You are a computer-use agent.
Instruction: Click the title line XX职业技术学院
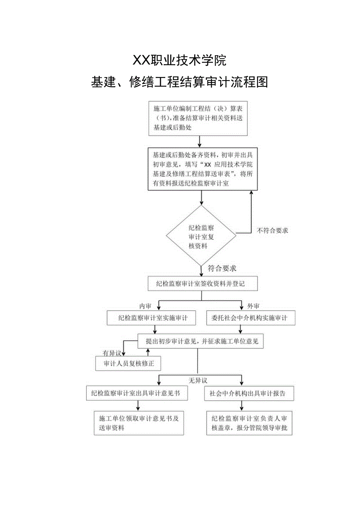coord(180,61)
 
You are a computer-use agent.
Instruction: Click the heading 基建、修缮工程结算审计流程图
coord(180,82)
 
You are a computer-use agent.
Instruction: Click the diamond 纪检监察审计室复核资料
coord(201,236)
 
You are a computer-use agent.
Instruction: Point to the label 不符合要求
coord(272,231)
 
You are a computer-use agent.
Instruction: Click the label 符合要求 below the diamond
coord(222,269)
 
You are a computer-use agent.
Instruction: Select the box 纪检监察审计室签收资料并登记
coord(203,284)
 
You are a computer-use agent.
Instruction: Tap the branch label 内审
coord(145,306)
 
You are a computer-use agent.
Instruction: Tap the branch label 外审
coord(253,306)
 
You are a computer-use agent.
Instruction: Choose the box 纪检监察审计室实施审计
coord(153,318)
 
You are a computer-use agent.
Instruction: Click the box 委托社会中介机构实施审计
coord(250,318)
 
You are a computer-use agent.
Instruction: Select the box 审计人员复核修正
coord(129,364)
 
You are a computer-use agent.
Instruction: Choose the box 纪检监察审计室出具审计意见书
coord(137,393)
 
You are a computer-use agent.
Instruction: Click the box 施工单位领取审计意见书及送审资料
coord(139,423)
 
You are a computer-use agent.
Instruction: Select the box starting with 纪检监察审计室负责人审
coord(250,423)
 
